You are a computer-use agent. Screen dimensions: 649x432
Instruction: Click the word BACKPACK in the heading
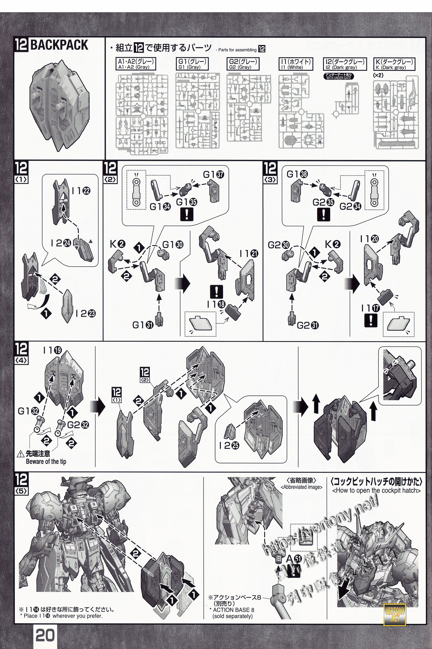click(x=59, y=45)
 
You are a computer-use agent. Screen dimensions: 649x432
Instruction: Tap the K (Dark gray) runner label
click(x=394, y=64)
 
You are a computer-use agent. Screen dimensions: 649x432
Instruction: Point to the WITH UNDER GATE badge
click(x=338, y=77)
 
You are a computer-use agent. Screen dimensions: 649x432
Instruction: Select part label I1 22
click(x=81, y=191)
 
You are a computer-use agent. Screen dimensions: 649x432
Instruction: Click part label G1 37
click(x=214, y=174)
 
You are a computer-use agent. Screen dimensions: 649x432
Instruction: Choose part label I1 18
click(x=216, y=304)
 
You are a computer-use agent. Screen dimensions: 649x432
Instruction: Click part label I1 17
click(x=370, y=308)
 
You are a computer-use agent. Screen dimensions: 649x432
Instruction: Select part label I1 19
click(x=52, y=350)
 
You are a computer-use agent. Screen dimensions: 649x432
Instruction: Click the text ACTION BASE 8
click(x=233, y=610)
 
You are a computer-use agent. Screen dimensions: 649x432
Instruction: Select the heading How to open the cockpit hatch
click(x=376, y=490)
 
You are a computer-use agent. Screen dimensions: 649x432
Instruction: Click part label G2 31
click(x=308, y=325)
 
